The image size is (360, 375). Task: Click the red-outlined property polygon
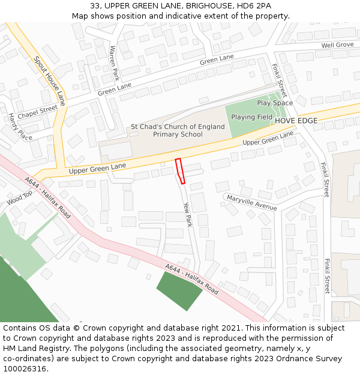click(x=180, y=170)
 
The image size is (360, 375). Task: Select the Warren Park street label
click(x=113, y=64)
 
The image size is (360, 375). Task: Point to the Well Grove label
click(x=337, y=45)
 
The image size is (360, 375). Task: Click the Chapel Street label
click(x=37, y=112)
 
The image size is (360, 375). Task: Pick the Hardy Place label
click(x=20, y=127)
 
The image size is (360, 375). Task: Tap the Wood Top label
click(x=19, y=199)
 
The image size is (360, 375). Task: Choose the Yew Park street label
click(x=187, y=214)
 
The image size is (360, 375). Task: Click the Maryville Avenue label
click(x=251, y=202)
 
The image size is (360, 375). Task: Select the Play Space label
click(x=275, y=103)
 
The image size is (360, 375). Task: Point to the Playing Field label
click(x=251, y=117)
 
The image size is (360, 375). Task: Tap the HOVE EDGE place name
click(x=296, y=121)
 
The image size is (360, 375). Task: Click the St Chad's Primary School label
click(x=178, y=131)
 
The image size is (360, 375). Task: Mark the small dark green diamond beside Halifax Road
click(x=179, y=290)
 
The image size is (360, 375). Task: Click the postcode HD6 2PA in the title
click(x=255, y=6)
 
